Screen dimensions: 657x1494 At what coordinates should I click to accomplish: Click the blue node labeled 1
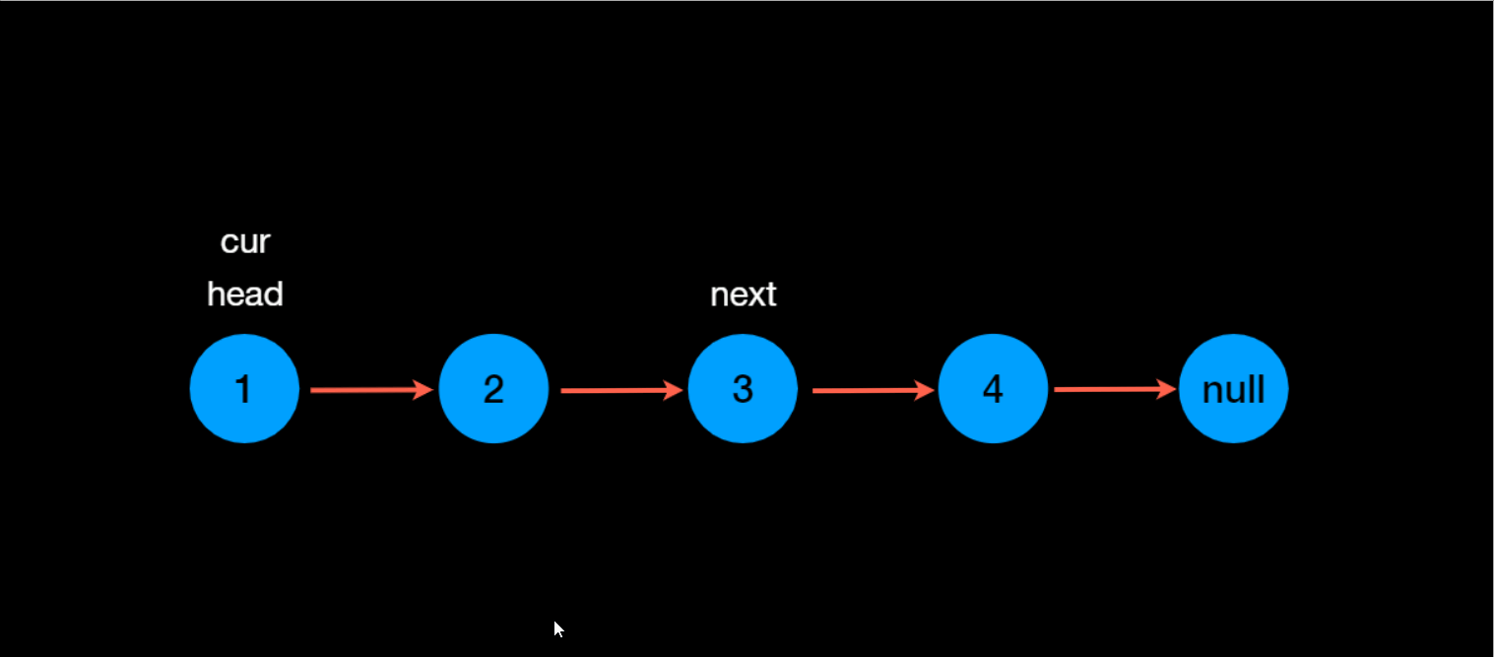[244, 389]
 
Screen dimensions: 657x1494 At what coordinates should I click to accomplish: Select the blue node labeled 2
[493, 389]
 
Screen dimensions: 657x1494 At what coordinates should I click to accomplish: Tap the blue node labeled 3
[743, 389]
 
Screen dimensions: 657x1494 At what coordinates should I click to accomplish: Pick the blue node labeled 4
[993, 389]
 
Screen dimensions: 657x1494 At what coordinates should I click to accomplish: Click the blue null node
[1233, 389]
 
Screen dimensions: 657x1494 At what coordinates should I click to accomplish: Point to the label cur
[245, 241]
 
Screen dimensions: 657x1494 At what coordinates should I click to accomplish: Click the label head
[245, 294]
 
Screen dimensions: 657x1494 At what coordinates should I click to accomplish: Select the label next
[744, 294]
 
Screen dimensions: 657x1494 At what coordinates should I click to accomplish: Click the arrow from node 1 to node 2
[370, 391]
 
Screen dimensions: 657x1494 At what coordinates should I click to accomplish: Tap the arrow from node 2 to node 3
[620, 391]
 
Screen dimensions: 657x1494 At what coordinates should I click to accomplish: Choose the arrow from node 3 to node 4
[872, 391]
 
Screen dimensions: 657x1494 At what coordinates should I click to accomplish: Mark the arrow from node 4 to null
[1114, 390]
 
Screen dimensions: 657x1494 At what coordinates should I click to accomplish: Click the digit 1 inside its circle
[243, 390]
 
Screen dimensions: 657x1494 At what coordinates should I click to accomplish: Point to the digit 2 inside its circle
[493, 390]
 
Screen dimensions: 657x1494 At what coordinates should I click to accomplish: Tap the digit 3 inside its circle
[743, 390]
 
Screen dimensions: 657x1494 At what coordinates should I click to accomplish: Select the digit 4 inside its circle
[993, 390]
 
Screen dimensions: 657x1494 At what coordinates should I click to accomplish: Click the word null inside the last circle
[1233, 391]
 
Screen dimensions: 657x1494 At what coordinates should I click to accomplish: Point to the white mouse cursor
[558, 629]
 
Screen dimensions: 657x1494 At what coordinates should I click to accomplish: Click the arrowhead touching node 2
[424, 391]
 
